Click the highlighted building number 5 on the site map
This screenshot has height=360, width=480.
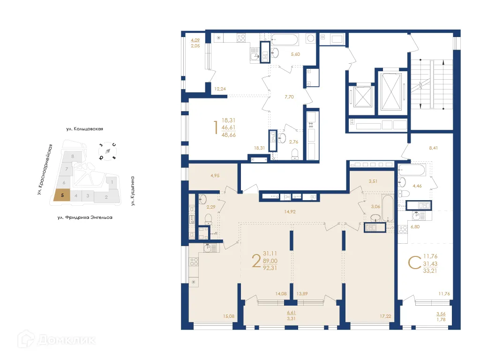[x=62, y=195]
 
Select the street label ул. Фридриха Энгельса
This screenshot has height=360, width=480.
[x=84, y=217]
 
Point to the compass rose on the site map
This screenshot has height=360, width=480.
[x=107, y=151]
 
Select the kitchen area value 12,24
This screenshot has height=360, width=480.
[x=221, y=89]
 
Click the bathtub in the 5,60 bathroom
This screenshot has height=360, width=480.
[x=285, y=39]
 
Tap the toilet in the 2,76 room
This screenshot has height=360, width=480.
[x=294, y=153]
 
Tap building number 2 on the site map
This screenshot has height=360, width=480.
[x=106, y=197]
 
